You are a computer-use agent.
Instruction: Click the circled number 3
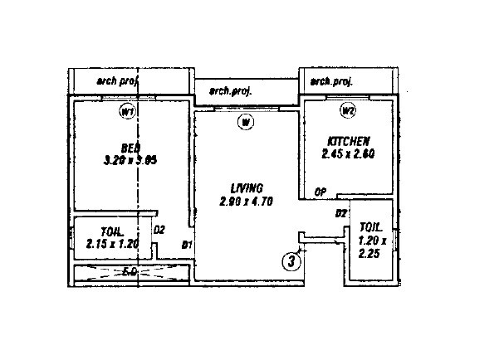[291, 260]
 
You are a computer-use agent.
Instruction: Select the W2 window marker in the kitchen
[348, 109]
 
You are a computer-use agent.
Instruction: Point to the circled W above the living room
[245, 124]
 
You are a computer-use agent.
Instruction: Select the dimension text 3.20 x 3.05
[131, 161]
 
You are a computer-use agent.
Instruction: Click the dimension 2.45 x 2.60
[347, 153]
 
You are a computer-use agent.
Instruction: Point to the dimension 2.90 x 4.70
[247, 201]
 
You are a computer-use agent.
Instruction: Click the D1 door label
[187, 245]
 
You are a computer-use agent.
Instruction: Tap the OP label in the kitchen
[320, 192]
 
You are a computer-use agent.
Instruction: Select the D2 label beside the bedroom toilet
[160, 229]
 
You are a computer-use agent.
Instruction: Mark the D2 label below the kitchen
[340, 214]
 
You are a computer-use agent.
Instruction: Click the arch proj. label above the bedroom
[119, 80]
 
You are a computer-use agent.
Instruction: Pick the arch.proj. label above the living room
[230, 90]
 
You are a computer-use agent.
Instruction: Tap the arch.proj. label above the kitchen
[331, 81]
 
